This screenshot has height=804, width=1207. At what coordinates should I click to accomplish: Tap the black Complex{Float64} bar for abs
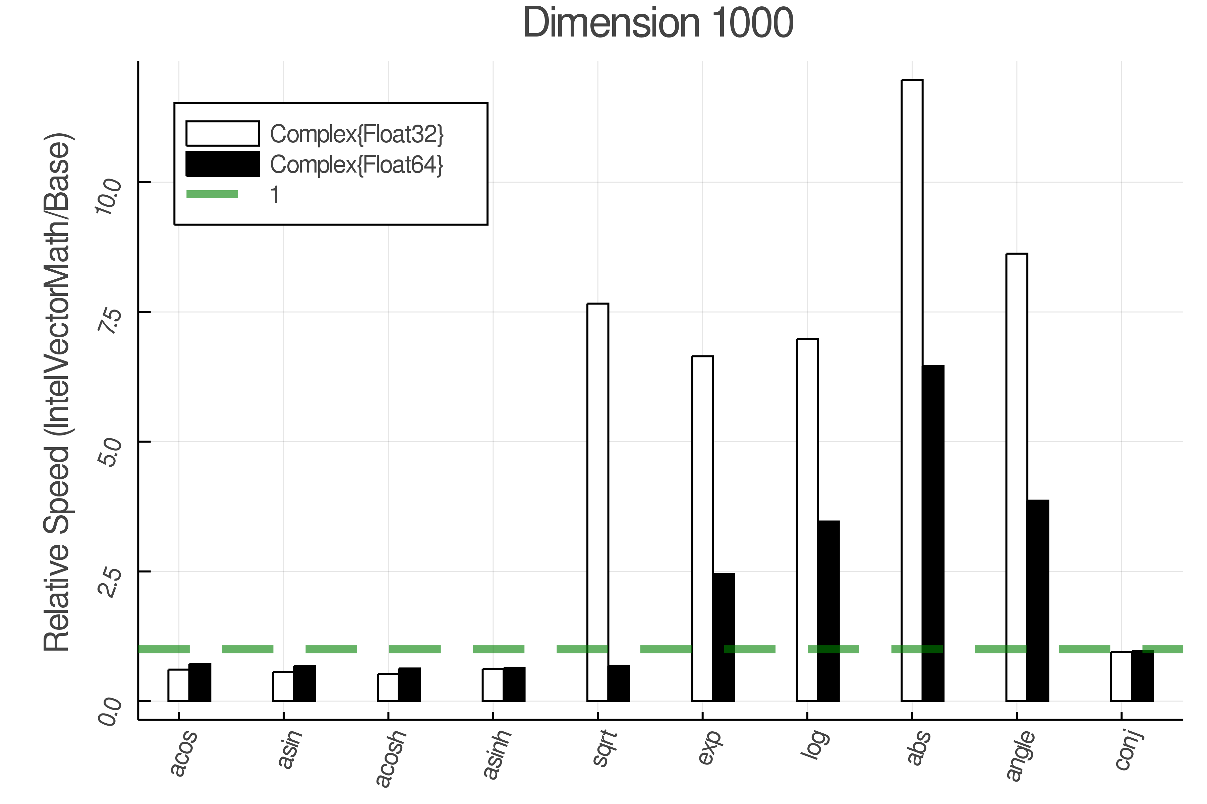pos(933,533)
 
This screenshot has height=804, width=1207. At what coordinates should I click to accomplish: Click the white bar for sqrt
pos(598,503)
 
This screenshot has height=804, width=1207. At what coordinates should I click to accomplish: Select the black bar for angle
pos(1038,600)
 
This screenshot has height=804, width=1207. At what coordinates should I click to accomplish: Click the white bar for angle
pos(1017,477)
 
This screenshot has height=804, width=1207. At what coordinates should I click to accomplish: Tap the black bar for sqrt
pos(619,683)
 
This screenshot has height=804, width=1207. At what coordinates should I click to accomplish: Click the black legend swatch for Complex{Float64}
pos(222,164)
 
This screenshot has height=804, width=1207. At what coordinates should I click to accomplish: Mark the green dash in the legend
pos(212,194)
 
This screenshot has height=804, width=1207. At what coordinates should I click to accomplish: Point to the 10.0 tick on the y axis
pos(109,196)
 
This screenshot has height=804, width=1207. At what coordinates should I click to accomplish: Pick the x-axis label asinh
pos(498,755)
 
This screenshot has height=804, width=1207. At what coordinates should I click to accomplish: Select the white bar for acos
pos(179,685)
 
